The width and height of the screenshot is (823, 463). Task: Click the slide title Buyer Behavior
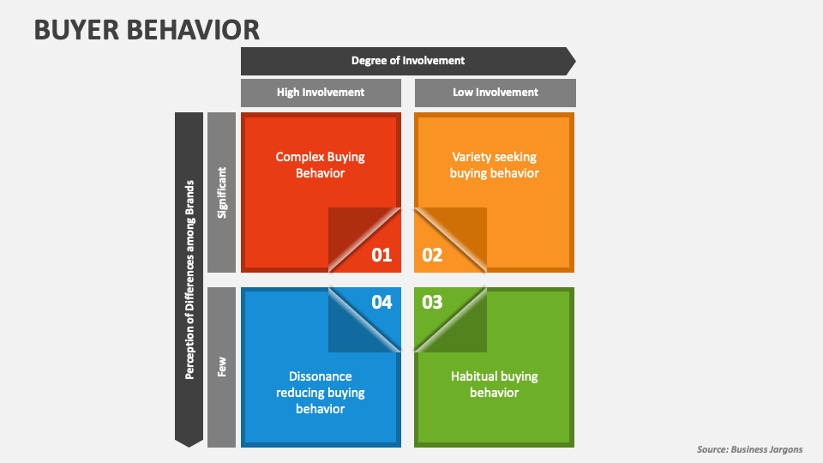pyautogui.click(x=147, y=29)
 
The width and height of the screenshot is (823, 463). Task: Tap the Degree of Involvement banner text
pyautogui.click(x=408, y=61)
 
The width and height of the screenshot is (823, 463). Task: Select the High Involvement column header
pyautogui.click(x=321, y=93)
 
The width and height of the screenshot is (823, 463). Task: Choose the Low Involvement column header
pyautogui.click(x=496, y=93)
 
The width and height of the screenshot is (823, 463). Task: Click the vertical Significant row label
pyautogui.click(x=222, y=192)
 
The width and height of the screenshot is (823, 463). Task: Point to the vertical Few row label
pyautogui.click(x=222, y=367)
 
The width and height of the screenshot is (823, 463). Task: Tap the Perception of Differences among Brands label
pyautogui.click(x=189, y=279)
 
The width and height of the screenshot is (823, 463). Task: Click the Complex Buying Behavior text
pyautogui.click(x=321, y=165)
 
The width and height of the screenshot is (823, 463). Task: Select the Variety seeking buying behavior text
pyautogui.click(x=495, y=165)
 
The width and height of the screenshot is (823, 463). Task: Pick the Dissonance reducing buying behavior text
pyautogui.click(x=321, y=393)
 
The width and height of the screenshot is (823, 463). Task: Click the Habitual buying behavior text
pyautogui.click(x=495, y=384)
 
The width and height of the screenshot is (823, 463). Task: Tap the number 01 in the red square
pyautogui.click(x=381, y=255)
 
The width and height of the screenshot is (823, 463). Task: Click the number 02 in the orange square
pyautogui.click(x=433, y=255)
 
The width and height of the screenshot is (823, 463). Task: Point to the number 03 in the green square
pyautogui.click(x=433, y=302)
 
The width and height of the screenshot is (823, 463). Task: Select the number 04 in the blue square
pyautogui.click(x=381, y=302)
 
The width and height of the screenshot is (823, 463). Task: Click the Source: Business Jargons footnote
pyautogui.click(x=749, y=450)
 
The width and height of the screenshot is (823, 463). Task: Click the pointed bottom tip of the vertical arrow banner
pyautogui.click(x=189, y=443)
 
